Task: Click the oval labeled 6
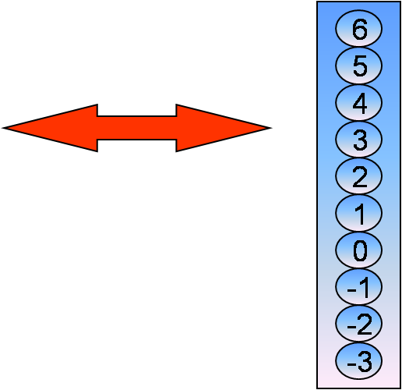click(x=358, y=29)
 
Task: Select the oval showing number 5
click(x=358, y=66)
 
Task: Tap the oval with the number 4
click(x=358, y=102)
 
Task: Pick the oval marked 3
click(x=358, y=140)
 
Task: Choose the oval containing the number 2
click(x=358, y=176)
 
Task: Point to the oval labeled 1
click(x=358, y=213)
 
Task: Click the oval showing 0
click(x=358, y=250)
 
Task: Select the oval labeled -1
click(x=358, y=287)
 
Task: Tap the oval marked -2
click(x=358, y=324)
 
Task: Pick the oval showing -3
click(x=358, y=360)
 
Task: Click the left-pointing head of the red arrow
click(x=52, y=128)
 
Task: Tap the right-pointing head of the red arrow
click(x=222, y=128)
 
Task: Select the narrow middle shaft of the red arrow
click(x=137, y=128)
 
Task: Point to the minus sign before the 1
click(x=351, y=289)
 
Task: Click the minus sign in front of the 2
click(x=351, y=327)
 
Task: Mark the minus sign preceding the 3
click(x=351, y=363)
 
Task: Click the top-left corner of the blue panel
click(x=317, y=2)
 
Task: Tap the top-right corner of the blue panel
click(x=400, y=2)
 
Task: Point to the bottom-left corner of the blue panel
click(x=317, y=388)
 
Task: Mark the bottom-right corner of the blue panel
click(x=400, y=388)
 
